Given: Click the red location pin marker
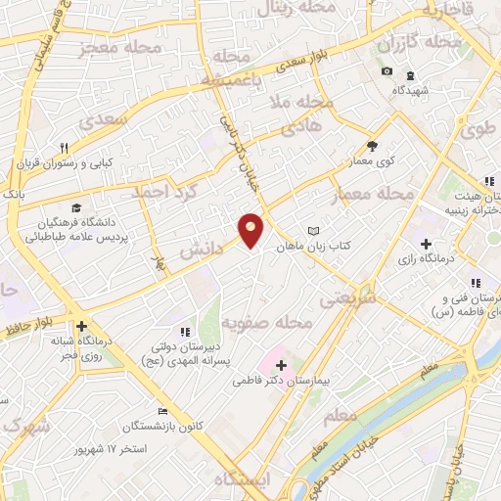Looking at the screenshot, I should tap(251, 229).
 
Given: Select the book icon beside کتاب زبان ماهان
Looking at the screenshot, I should tap(313, 230).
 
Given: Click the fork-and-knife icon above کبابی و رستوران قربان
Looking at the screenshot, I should tap(65, 148).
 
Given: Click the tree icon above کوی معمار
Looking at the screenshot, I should tap(373, 143).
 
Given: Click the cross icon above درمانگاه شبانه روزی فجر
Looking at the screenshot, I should tap(81, 326).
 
